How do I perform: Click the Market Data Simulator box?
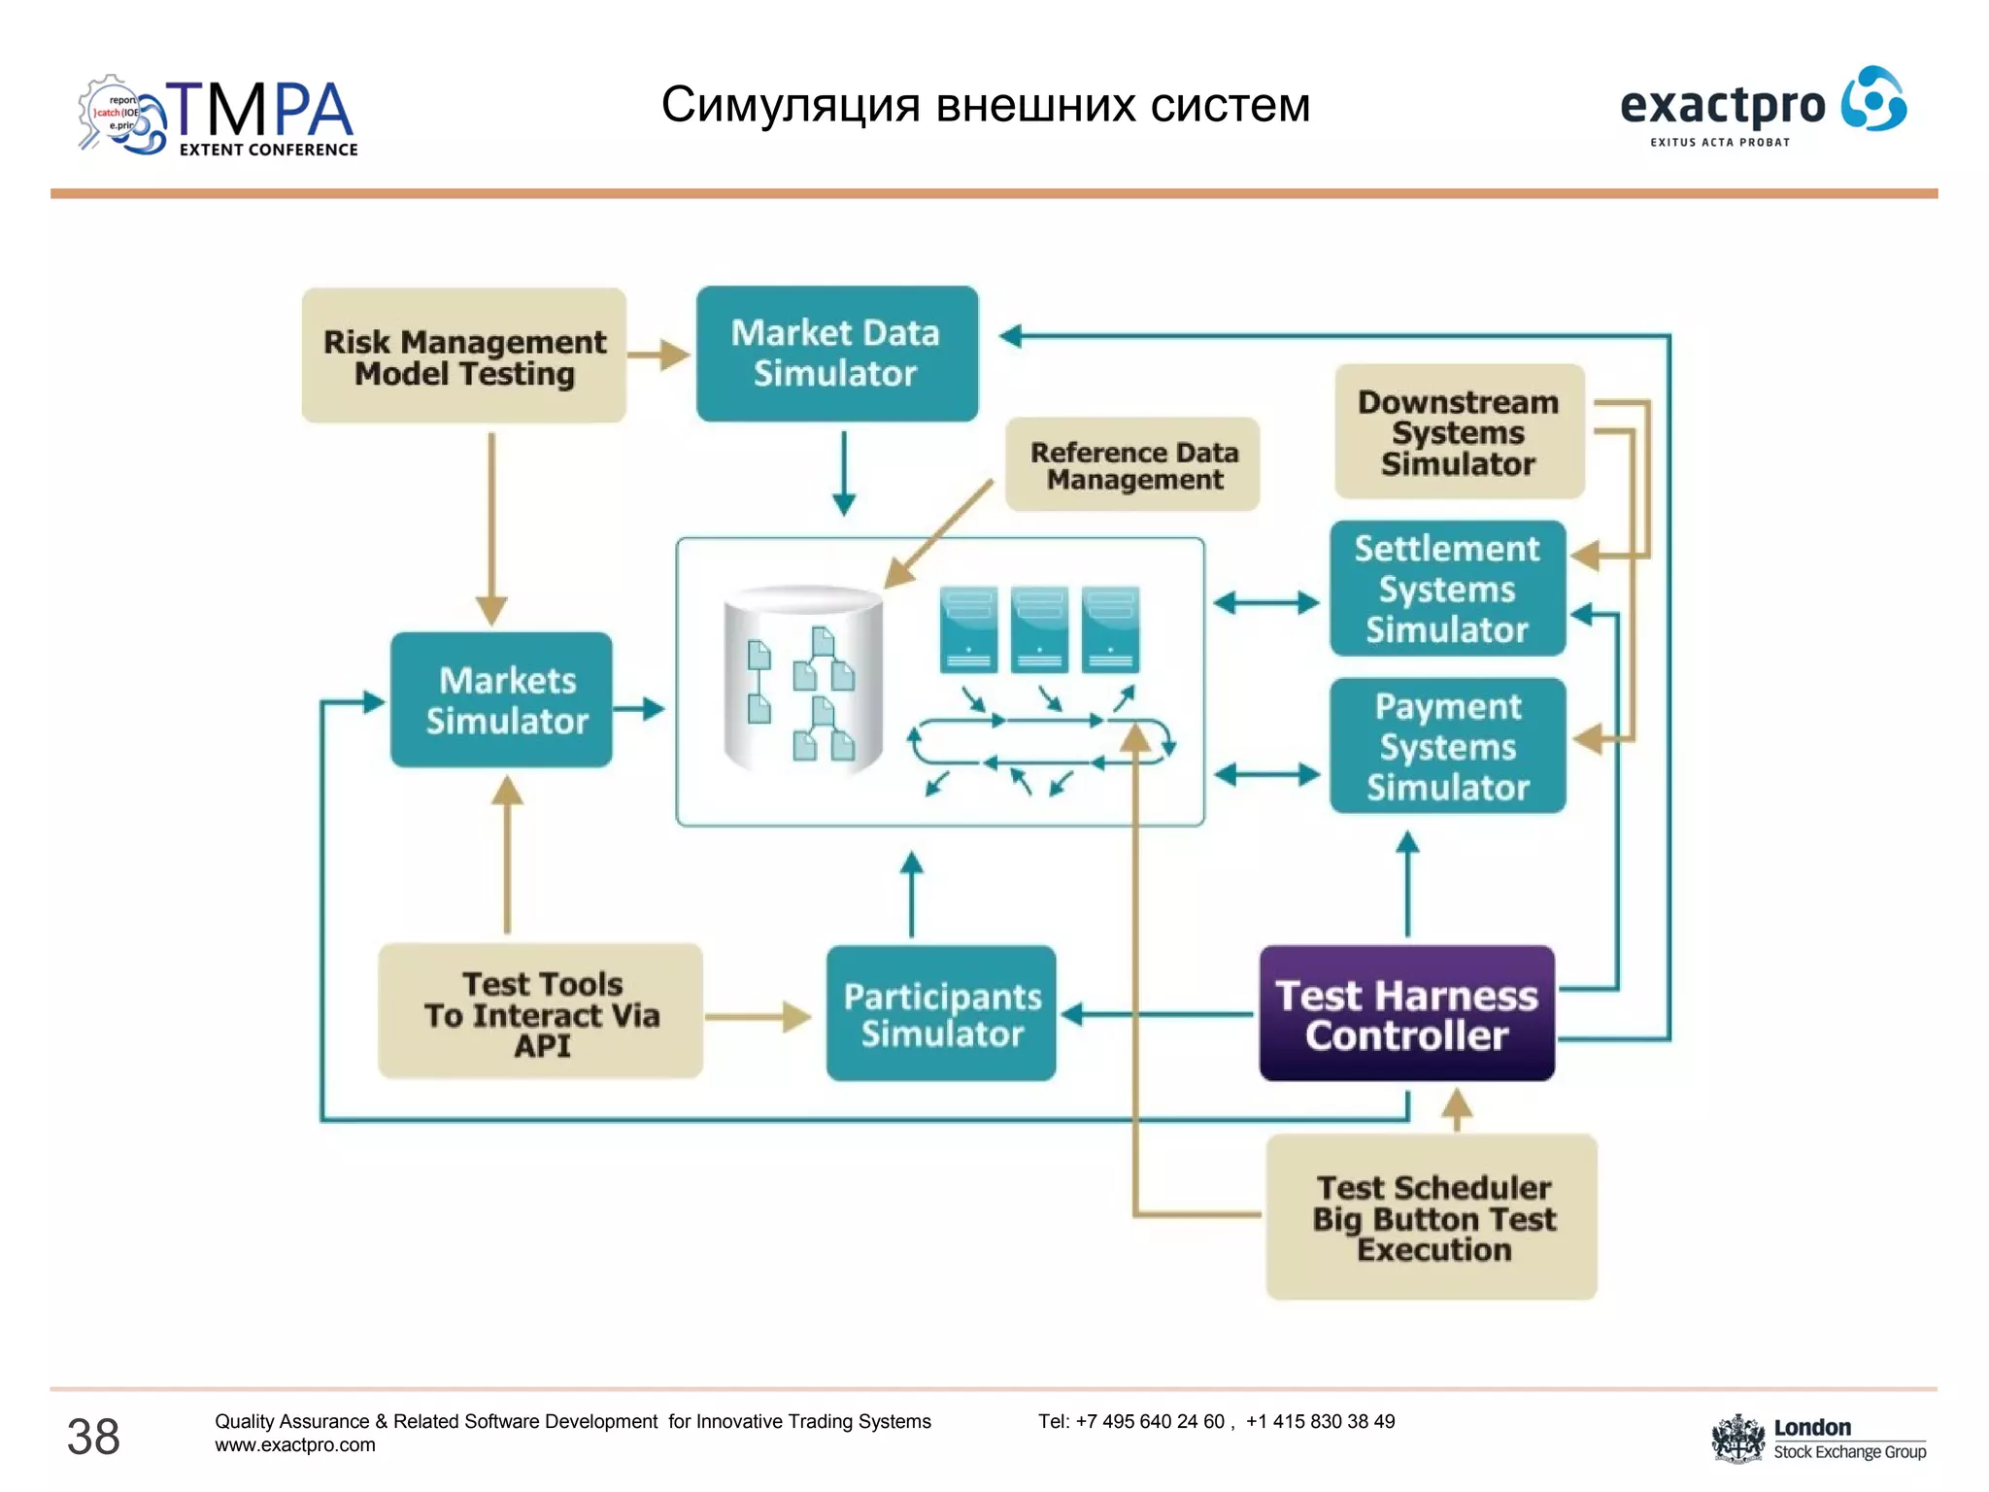(836, 354)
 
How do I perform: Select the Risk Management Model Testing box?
(464, 356)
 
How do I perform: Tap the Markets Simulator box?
(502, 700)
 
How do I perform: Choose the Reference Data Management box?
(1132, 465)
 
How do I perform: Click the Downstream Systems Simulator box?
(1459, 432)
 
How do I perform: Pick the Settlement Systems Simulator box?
(1447, 589)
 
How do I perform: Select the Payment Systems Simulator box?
(1447, 746)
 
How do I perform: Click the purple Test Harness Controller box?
(1406, 1014)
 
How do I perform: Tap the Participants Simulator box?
(941, 1014)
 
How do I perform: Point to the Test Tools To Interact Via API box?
(541, 1013)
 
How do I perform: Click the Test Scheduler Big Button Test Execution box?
(1433, 1217)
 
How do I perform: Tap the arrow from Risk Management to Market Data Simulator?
(659, 355)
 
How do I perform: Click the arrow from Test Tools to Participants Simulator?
(759, 1017)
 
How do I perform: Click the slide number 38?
(93, 1437)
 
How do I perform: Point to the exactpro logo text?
(1723, 105)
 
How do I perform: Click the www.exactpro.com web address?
(295, 1445)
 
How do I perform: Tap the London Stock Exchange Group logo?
(1818, 1439)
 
